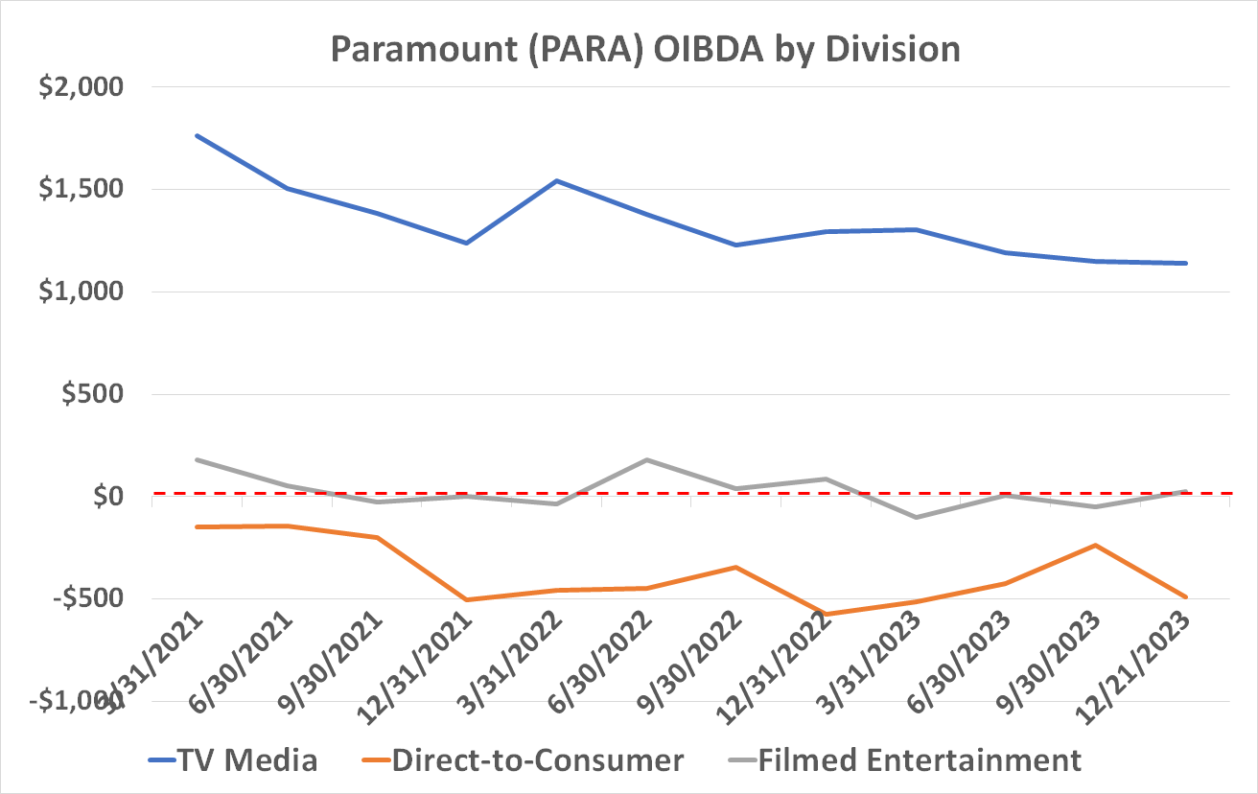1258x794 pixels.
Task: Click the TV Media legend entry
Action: tap(233, 760)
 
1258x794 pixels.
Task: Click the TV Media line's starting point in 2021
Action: tap(197, 135)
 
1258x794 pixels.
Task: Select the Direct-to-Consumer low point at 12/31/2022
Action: tap(827, 614)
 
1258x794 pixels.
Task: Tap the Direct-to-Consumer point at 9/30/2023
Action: tap(1096, 545)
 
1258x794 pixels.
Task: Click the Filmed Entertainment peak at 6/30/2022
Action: tap(646, 459)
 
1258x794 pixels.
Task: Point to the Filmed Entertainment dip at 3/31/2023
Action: tap(917, 517)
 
